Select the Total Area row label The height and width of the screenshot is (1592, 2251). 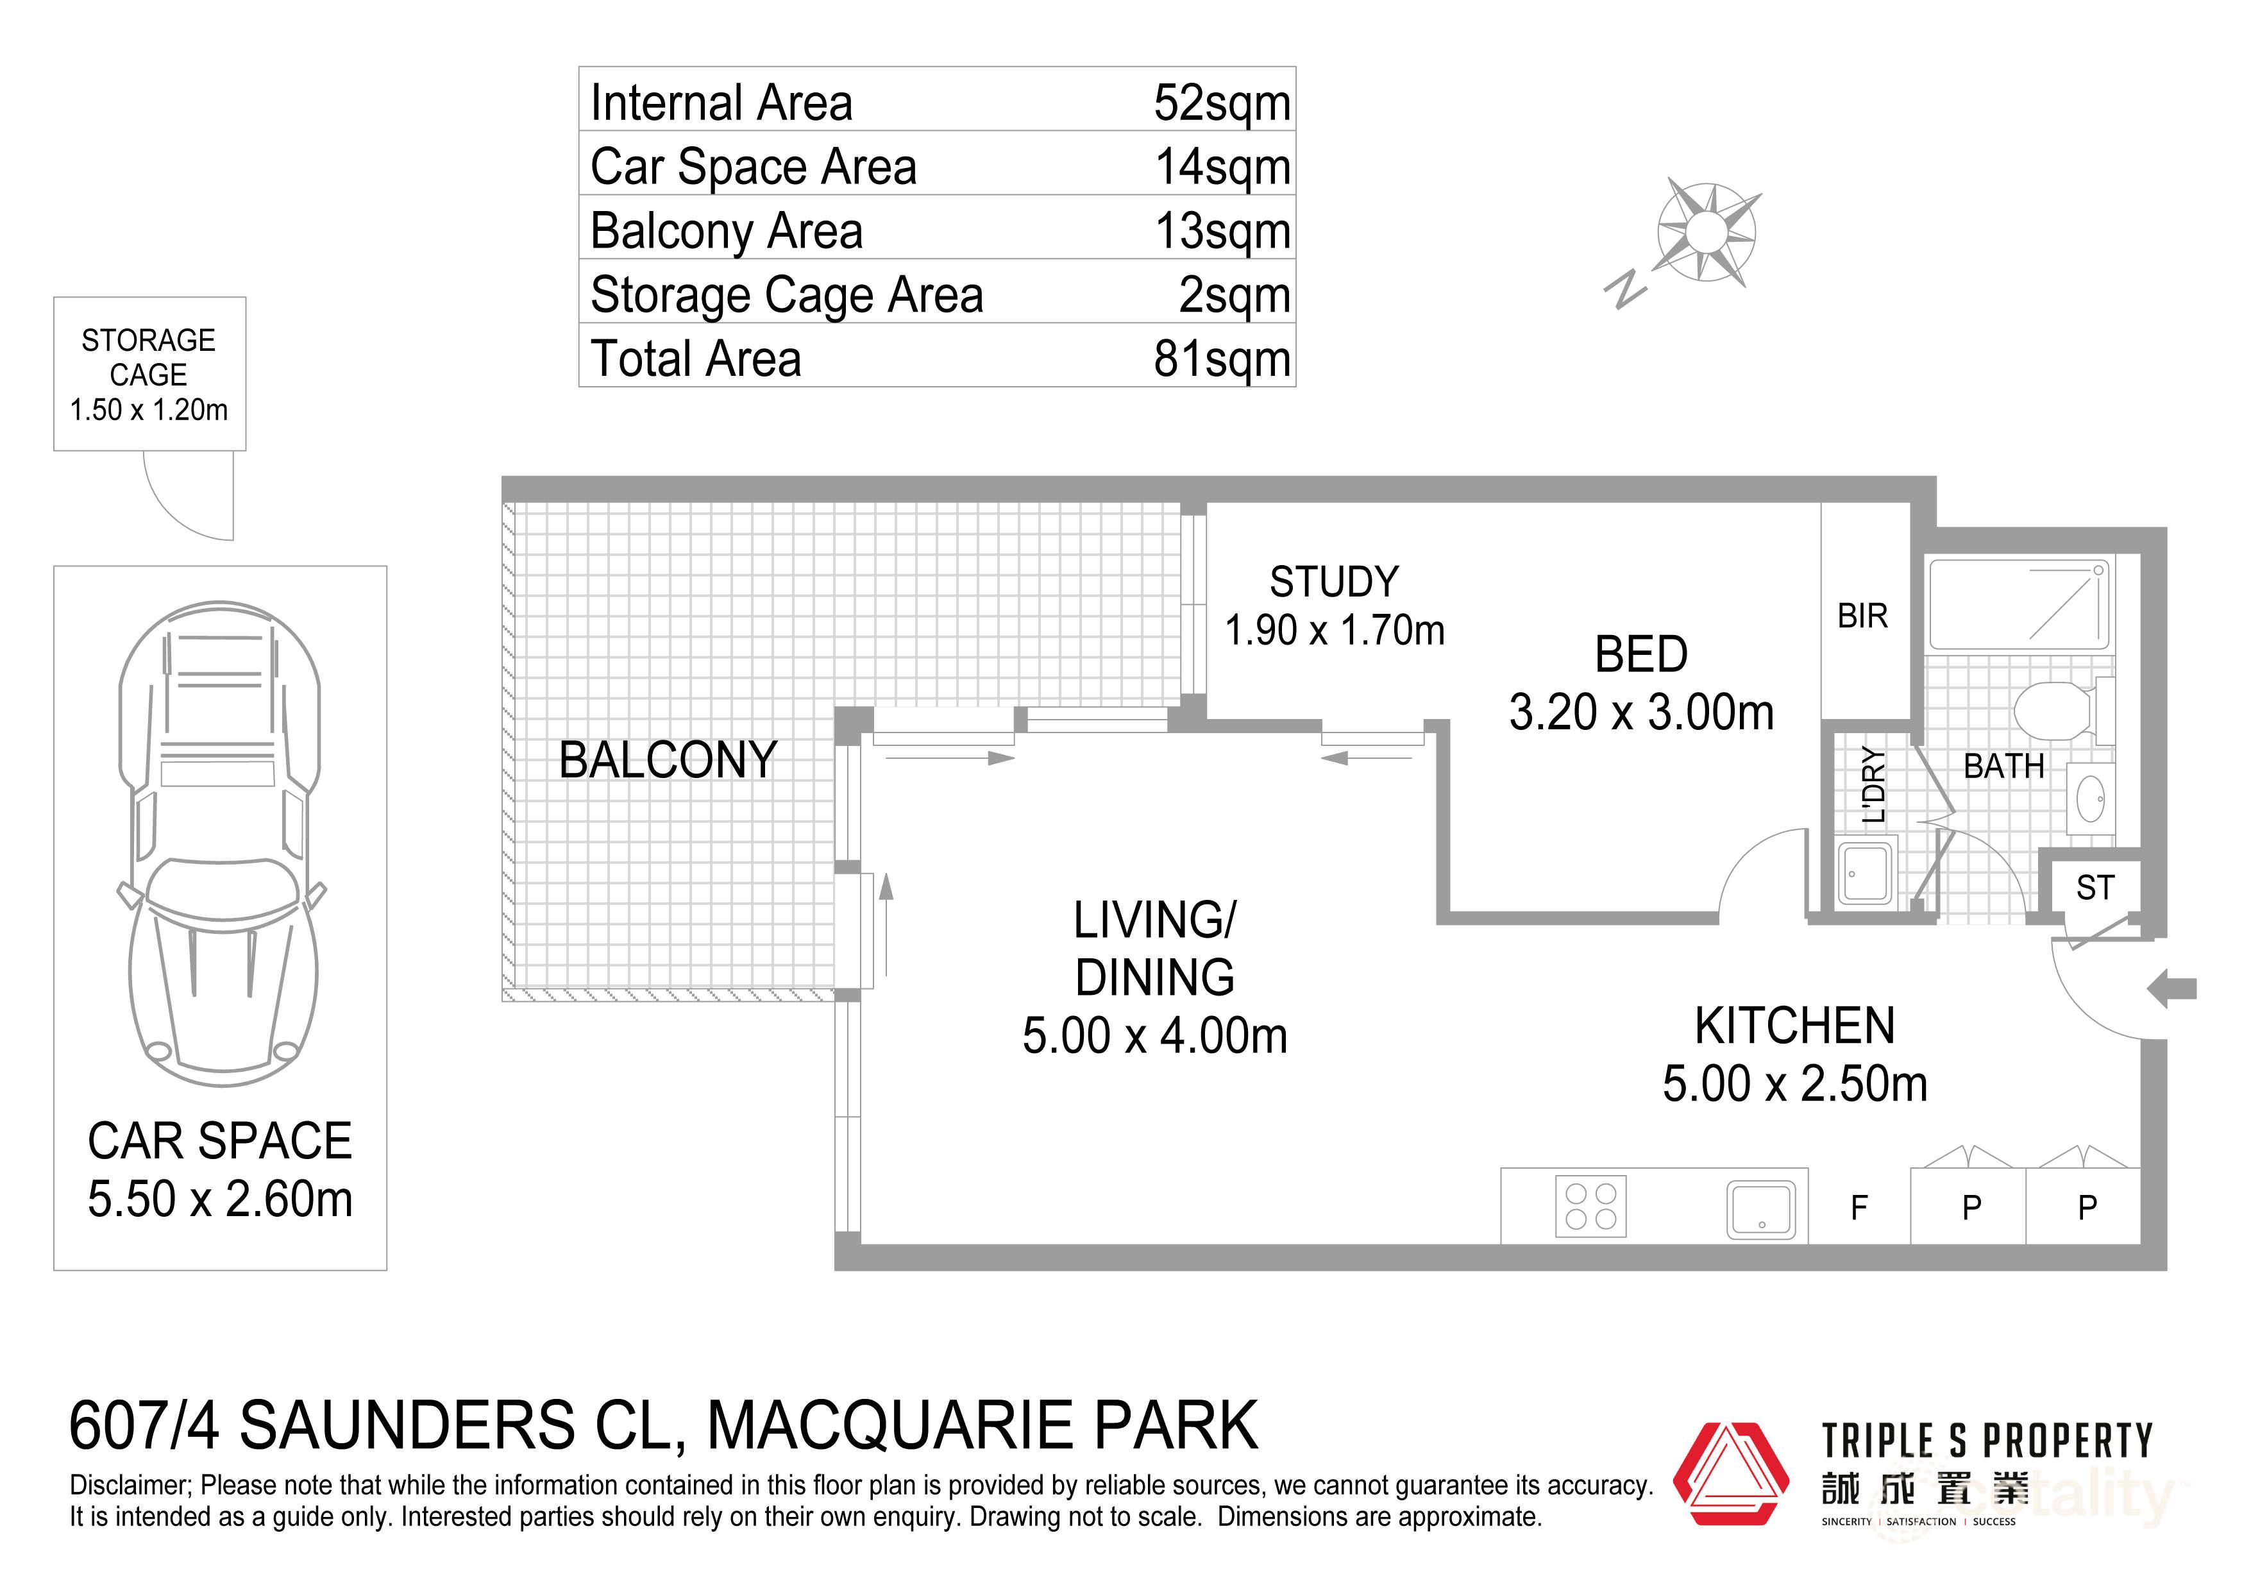695,358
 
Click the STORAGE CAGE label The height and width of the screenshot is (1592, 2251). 148,357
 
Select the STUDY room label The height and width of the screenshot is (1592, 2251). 1333,582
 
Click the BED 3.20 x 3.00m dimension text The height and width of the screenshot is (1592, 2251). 1641,713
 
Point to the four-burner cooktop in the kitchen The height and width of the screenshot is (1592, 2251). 1590,1206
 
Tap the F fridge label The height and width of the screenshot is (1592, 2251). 1859,1208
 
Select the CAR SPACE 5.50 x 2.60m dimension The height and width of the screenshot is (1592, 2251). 219,1199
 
